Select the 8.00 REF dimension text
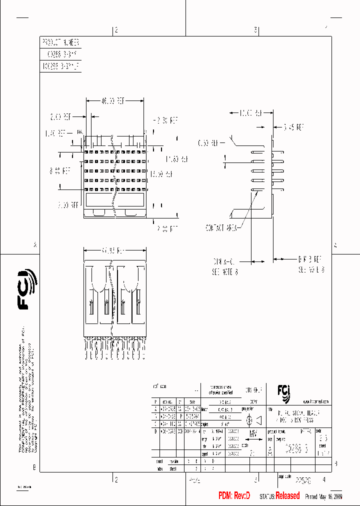click(59, 170)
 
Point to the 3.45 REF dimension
click(294, 127)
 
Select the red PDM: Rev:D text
click(234, 495)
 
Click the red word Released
click(287, 495)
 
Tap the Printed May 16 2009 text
click(323, 496)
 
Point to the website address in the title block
click(315, 401)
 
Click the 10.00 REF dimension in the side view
click(251, 113)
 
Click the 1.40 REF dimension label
click(55, 133)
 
